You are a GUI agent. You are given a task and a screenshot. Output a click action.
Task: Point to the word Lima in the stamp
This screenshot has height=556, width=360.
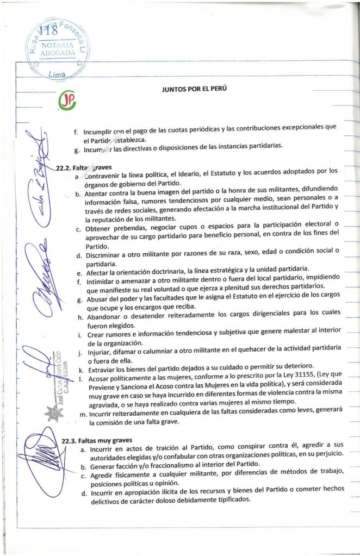pyautogui.click(x=57, y=74)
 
